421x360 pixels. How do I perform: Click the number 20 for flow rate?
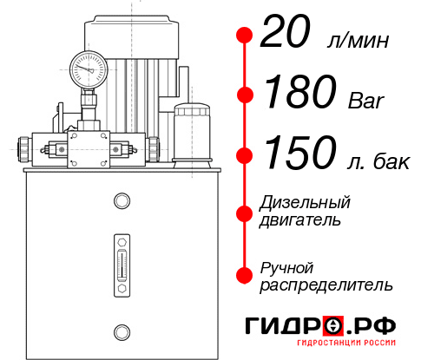[x=287, y=36]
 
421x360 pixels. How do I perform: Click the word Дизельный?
[x=305, y=204]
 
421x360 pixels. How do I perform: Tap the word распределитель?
[x=326, y=285]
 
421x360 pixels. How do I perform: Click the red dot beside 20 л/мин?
[x=245, y=36]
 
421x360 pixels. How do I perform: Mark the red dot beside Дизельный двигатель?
[x=245, y=212]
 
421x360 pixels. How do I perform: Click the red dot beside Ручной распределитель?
[x=245, y=275]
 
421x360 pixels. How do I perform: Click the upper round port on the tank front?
[x=121, y=201]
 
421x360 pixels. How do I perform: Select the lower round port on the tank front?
[x=121, y=331]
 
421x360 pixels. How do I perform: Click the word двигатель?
[x=300, y=220]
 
